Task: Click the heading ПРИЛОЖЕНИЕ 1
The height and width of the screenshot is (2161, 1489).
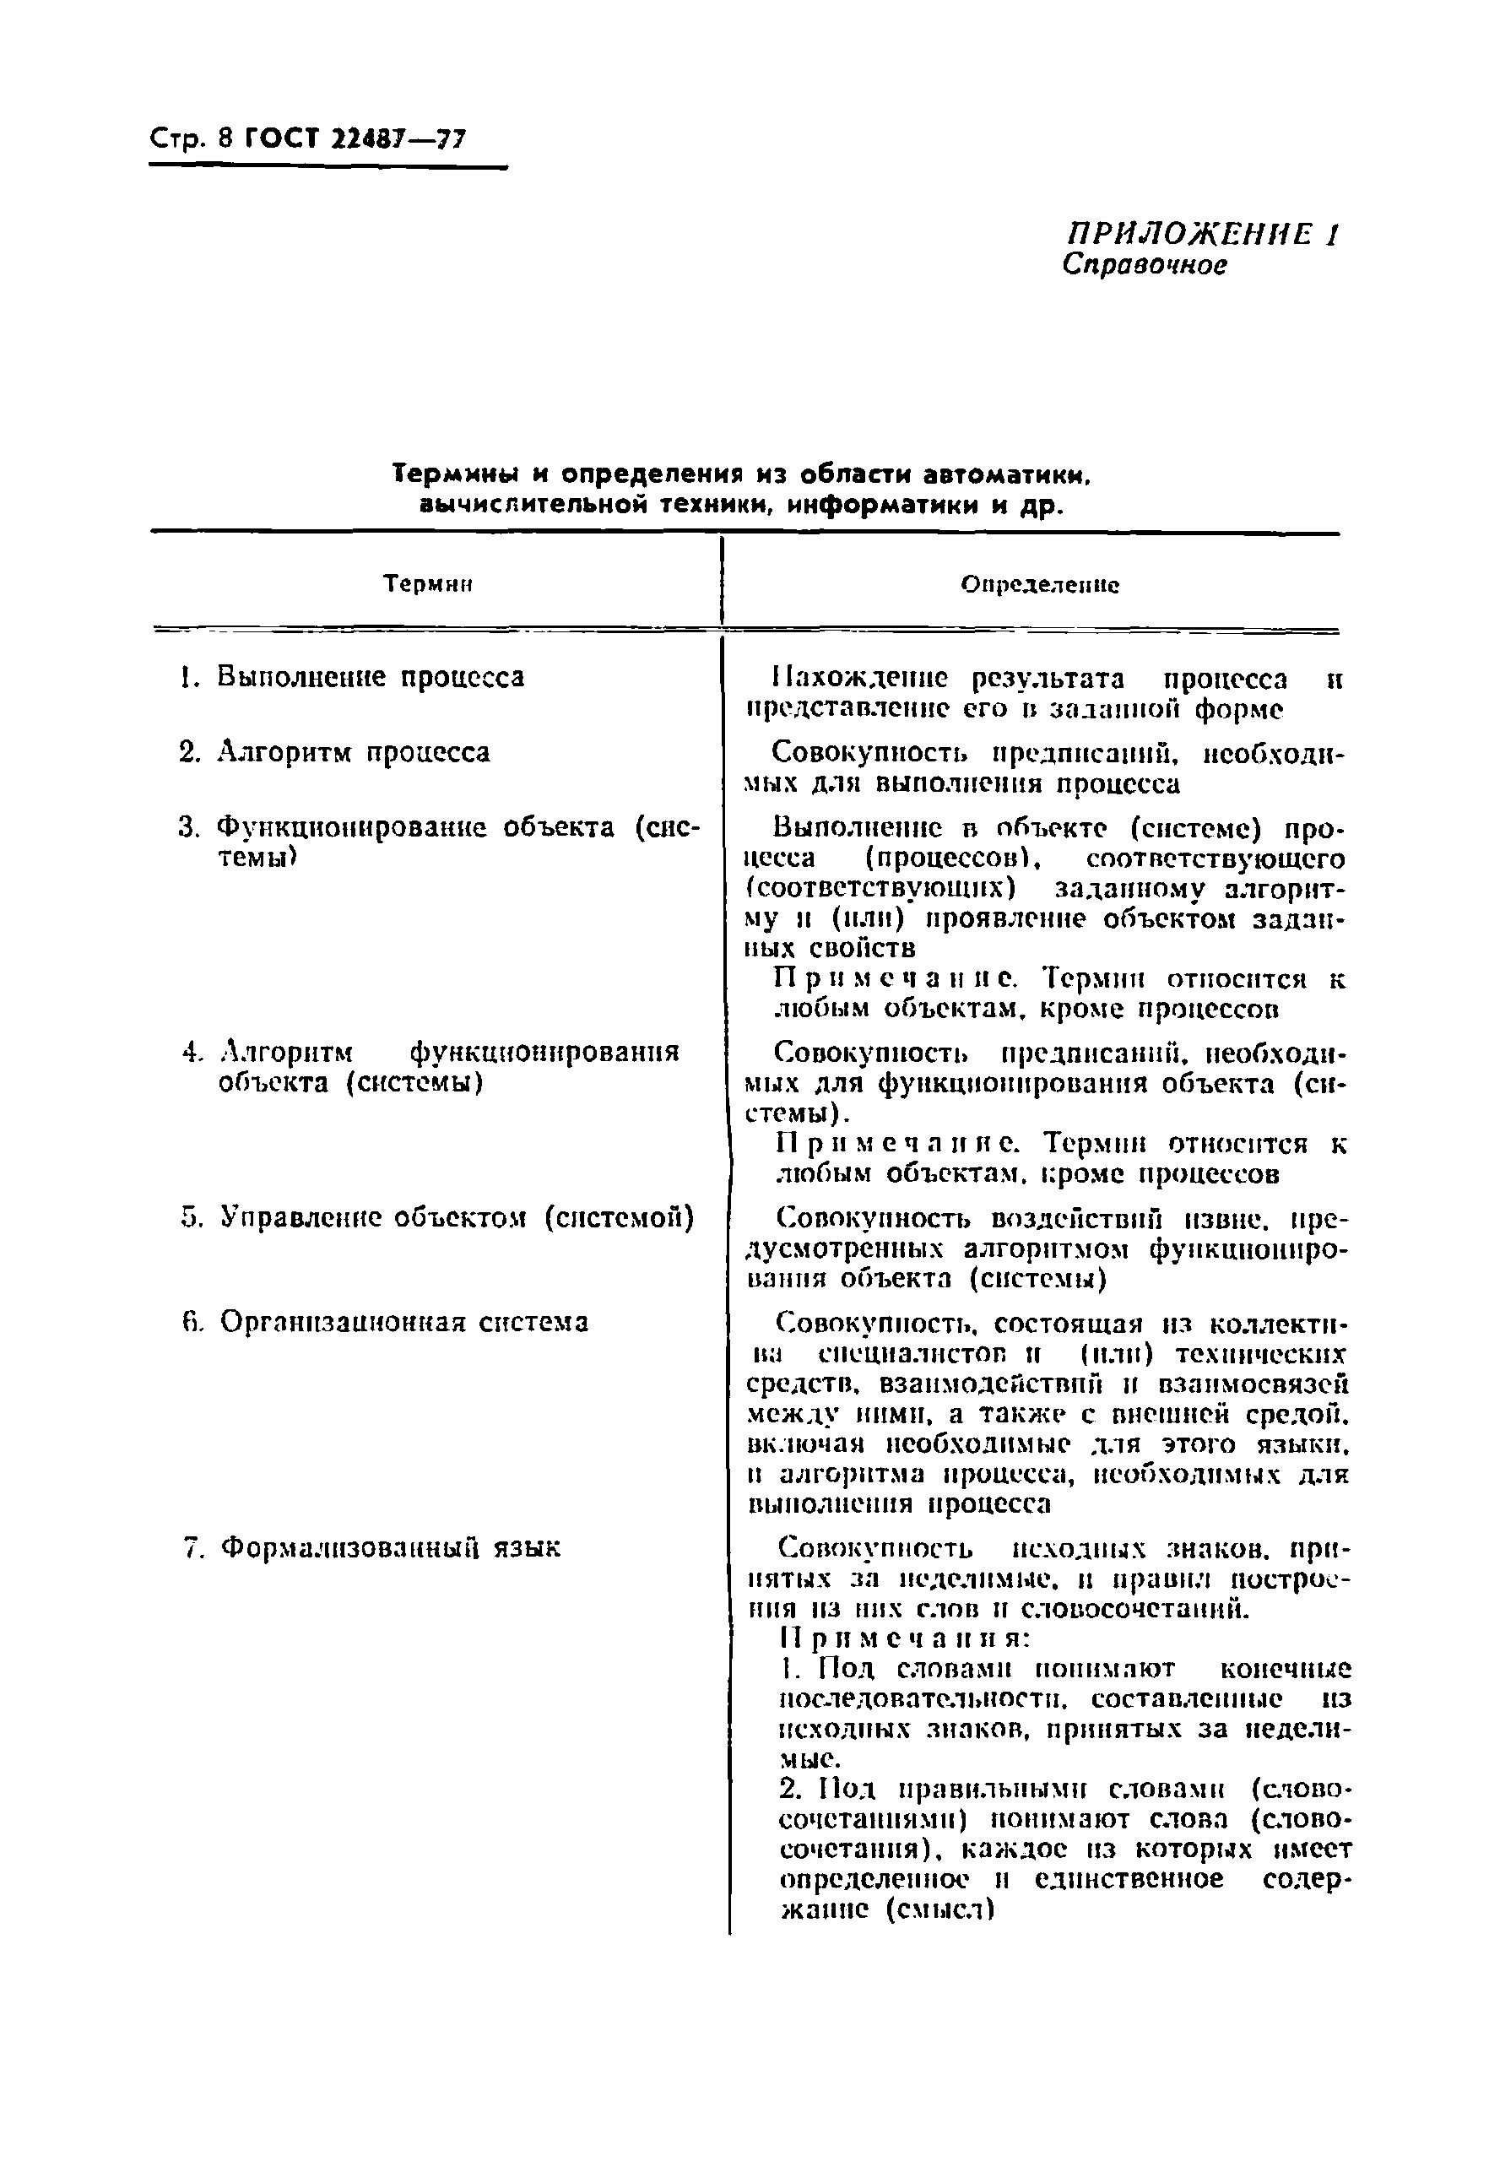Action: [1203, 233]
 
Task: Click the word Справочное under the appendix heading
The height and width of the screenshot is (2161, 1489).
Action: [1144, 266]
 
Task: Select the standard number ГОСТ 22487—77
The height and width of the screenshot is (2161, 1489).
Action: [354, 140]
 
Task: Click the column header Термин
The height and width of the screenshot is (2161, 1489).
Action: [428, 585]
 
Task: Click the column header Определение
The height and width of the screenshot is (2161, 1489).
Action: [1039, 585]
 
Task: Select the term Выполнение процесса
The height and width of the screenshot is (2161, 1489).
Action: [371, 677]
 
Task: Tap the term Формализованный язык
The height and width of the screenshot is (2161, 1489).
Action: [390, 1547]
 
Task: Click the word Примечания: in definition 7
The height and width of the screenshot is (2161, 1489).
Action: [903, 1638]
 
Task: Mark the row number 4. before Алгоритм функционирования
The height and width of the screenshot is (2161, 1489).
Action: [192, 1053]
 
